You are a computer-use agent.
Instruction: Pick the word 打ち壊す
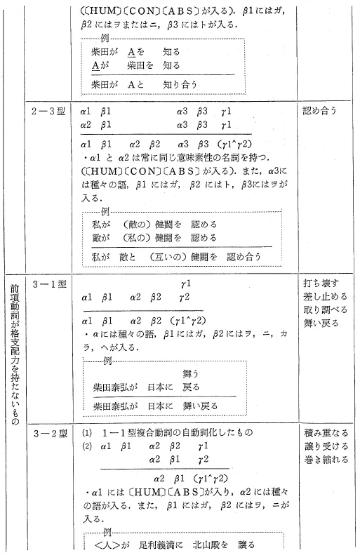321,284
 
